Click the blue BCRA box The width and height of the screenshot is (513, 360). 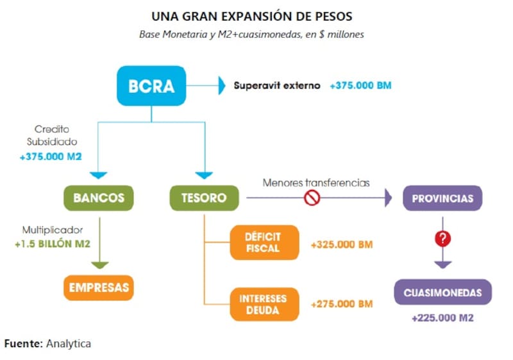151,86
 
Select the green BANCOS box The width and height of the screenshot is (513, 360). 99,198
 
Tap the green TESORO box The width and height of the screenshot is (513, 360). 203,198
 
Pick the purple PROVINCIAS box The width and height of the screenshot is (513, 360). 442,198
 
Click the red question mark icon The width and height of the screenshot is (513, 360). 442,239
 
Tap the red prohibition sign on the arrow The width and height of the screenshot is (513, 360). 312,198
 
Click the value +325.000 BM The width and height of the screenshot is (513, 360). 341,244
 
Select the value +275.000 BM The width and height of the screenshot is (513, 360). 341,304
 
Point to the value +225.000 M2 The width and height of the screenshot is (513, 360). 442,318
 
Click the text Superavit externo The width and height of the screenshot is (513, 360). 276,85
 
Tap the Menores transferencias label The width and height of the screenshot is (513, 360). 316,183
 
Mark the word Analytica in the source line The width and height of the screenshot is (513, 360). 68,343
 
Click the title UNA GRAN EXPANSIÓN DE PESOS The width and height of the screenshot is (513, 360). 251,16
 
